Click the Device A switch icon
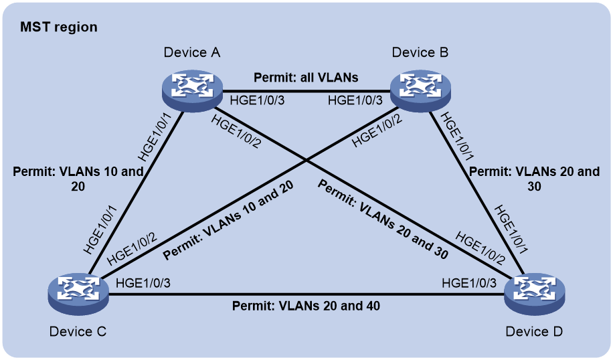click(x=192, y=91)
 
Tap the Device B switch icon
click(x=420, y=91)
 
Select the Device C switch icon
click(x=78, y=294)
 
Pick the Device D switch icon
click(x=535, y=294)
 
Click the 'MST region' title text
click(x=59, y=27)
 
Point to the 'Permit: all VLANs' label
click(x=306, y=78)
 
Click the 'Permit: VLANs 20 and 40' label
click(x=306, y=306)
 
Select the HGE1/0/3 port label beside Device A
click(x=257, y=100)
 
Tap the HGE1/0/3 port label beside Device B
click(x=355, y=100)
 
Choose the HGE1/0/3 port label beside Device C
click(x=143, y=283)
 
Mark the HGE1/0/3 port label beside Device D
click(x=469, y=283)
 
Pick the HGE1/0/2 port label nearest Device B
click(x=377, y=131)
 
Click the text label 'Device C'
click(x=78, y=331)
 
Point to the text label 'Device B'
click(x=420, y=52)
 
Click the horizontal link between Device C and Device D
click(x=306, y=294)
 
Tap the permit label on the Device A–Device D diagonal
click(x=383, y=219)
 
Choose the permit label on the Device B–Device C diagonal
click(x=228, y=220)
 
